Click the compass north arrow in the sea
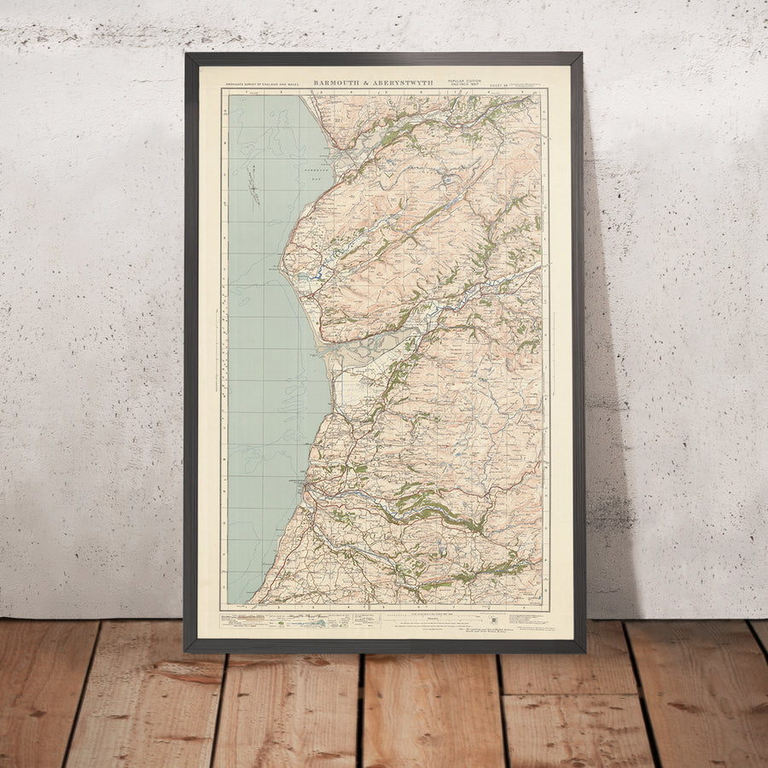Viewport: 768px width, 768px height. click(x=253, y=187)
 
